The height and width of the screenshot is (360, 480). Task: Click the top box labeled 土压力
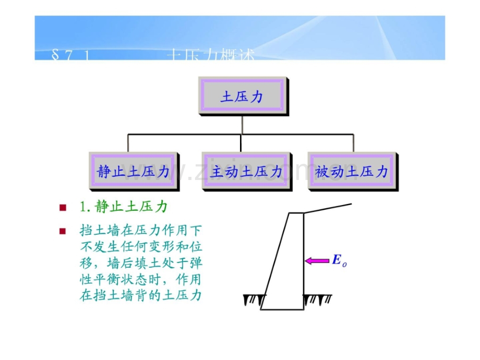242,97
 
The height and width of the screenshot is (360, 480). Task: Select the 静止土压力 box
134,172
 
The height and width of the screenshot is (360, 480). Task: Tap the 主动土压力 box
246,172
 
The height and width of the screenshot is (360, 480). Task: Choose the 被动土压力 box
352,172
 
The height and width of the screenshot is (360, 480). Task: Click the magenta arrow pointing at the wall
317,260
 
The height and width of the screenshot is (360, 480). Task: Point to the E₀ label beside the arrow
339,261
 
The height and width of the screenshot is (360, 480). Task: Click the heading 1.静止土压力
124,207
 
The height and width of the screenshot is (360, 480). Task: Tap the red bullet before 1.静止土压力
63,207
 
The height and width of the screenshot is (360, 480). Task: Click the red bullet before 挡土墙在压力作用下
63,230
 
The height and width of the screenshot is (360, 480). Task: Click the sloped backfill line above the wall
328,208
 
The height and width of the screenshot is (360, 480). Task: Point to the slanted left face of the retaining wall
275,261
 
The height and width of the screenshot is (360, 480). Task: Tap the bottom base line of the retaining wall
282,309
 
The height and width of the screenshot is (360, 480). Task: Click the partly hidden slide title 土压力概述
211,55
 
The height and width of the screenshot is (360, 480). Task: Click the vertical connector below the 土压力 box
242,125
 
